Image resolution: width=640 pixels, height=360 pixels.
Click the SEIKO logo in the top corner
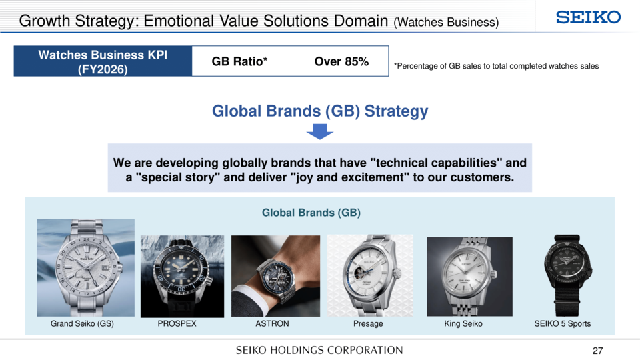point(588,17)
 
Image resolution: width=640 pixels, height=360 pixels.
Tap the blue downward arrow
point(319,131)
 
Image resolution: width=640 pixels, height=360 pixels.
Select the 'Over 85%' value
point(341,61)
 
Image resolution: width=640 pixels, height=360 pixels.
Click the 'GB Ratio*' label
point(239,61)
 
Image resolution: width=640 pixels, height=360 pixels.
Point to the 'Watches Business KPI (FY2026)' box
point(103,61)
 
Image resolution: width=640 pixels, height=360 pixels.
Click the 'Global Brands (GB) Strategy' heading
point(320,111)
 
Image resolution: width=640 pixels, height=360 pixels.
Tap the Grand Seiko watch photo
point(86,267)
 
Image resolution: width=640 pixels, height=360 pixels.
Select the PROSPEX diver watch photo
point(183,276)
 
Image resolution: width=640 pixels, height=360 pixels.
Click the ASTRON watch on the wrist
point(275,276)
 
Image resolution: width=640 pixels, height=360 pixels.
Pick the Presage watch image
point(370,275)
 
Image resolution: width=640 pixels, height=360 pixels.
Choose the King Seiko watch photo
point(469,276)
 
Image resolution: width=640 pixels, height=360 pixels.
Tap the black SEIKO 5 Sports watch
point(567,275)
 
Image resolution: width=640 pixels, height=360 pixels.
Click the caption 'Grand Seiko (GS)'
point(82,324)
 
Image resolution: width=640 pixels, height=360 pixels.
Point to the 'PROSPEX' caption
point(177,324)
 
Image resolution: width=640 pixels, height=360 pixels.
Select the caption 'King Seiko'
point(463,324)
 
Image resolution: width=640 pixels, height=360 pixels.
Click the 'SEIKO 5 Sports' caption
point(563,324)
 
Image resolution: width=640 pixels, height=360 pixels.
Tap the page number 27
point(597,351)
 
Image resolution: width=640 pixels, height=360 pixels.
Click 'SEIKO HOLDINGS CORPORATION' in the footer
point(319,350)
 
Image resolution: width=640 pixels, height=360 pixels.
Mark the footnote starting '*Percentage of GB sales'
point(496,66)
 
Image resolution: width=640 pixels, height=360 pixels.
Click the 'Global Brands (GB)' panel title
point(311,213)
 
